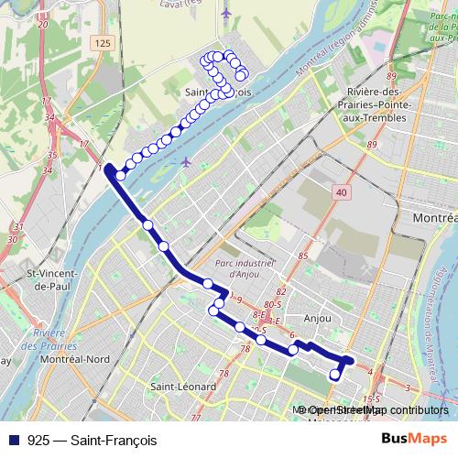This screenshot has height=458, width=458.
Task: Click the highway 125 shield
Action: [x=101, y=43]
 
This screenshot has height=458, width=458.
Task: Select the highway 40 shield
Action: [x=341, y=191]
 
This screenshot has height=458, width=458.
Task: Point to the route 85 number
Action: [x=301, y=256]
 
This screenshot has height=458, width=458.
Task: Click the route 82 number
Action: [x=281, y=291]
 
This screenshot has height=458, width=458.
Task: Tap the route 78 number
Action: [x=245, y=348]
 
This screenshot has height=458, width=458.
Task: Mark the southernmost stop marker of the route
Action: [x=335, y=374]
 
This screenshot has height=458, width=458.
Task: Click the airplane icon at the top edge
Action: [x=226, y=13]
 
